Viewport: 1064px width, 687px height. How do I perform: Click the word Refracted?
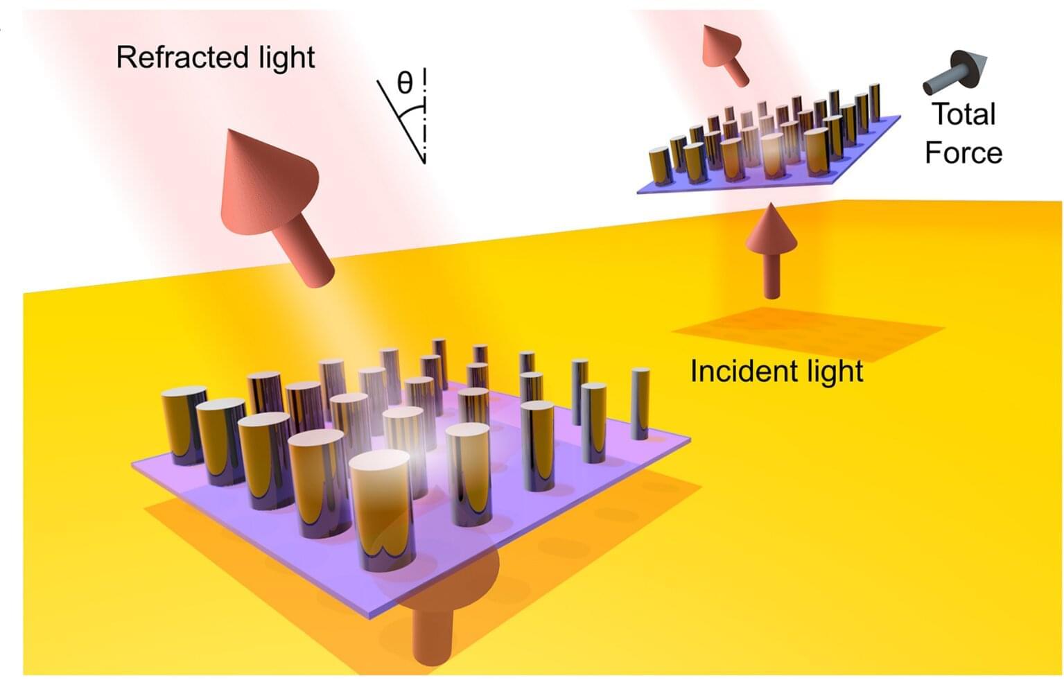(182, 58)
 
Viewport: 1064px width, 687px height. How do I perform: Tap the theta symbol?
(404, 84)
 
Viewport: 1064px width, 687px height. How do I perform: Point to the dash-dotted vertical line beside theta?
(424, 116)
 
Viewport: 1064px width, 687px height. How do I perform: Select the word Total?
(964, 114)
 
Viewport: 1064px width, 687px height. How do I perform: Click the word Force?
(963, 153)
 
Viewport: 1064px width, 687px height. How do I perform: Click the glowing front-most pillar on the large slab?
(383, 511)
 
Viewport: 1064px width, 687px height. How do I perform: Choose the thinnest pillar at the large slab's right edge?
(640, 404)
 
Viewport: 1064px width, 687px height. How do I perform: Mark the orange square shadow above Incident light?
(808, 333)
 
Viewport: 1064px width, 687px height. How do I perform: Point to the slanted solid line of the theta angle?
(401, 122)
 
